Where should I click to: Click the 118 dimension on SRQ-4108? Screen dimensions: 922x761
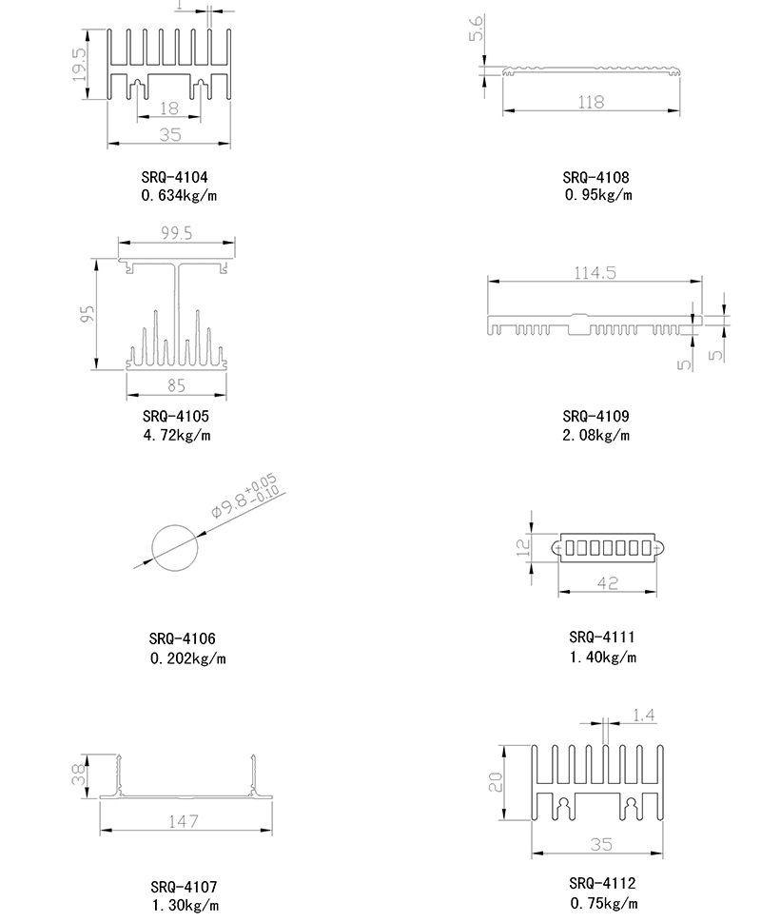pos(591,102)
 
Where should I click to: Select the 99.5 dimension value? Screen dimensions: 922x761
pos(175,233)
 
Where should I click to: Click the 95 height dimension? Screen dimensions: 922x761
pos(88,314)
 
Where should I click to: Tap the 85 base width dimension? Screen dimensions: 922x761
pos(176,385)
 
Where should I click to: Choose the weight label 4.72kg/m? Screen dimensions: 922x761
pos(177,436)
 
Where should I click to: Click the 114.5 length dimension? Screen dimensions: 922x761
pos(595,272)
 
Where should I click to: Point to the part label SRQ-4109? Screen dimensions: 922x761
pos(595,416)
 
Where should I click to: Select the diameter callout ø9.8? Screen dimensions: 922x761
pos(242,501)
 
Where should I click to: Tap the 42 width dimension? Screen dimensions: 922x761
pos(606,582)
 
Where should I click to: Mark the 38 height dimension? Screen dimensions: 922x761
pos(80,775)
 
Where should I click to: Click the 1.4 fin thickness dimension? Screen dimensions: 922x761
pos(644,715)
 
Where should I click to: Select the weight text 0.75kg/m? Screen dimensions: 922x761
pos(604,903)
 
